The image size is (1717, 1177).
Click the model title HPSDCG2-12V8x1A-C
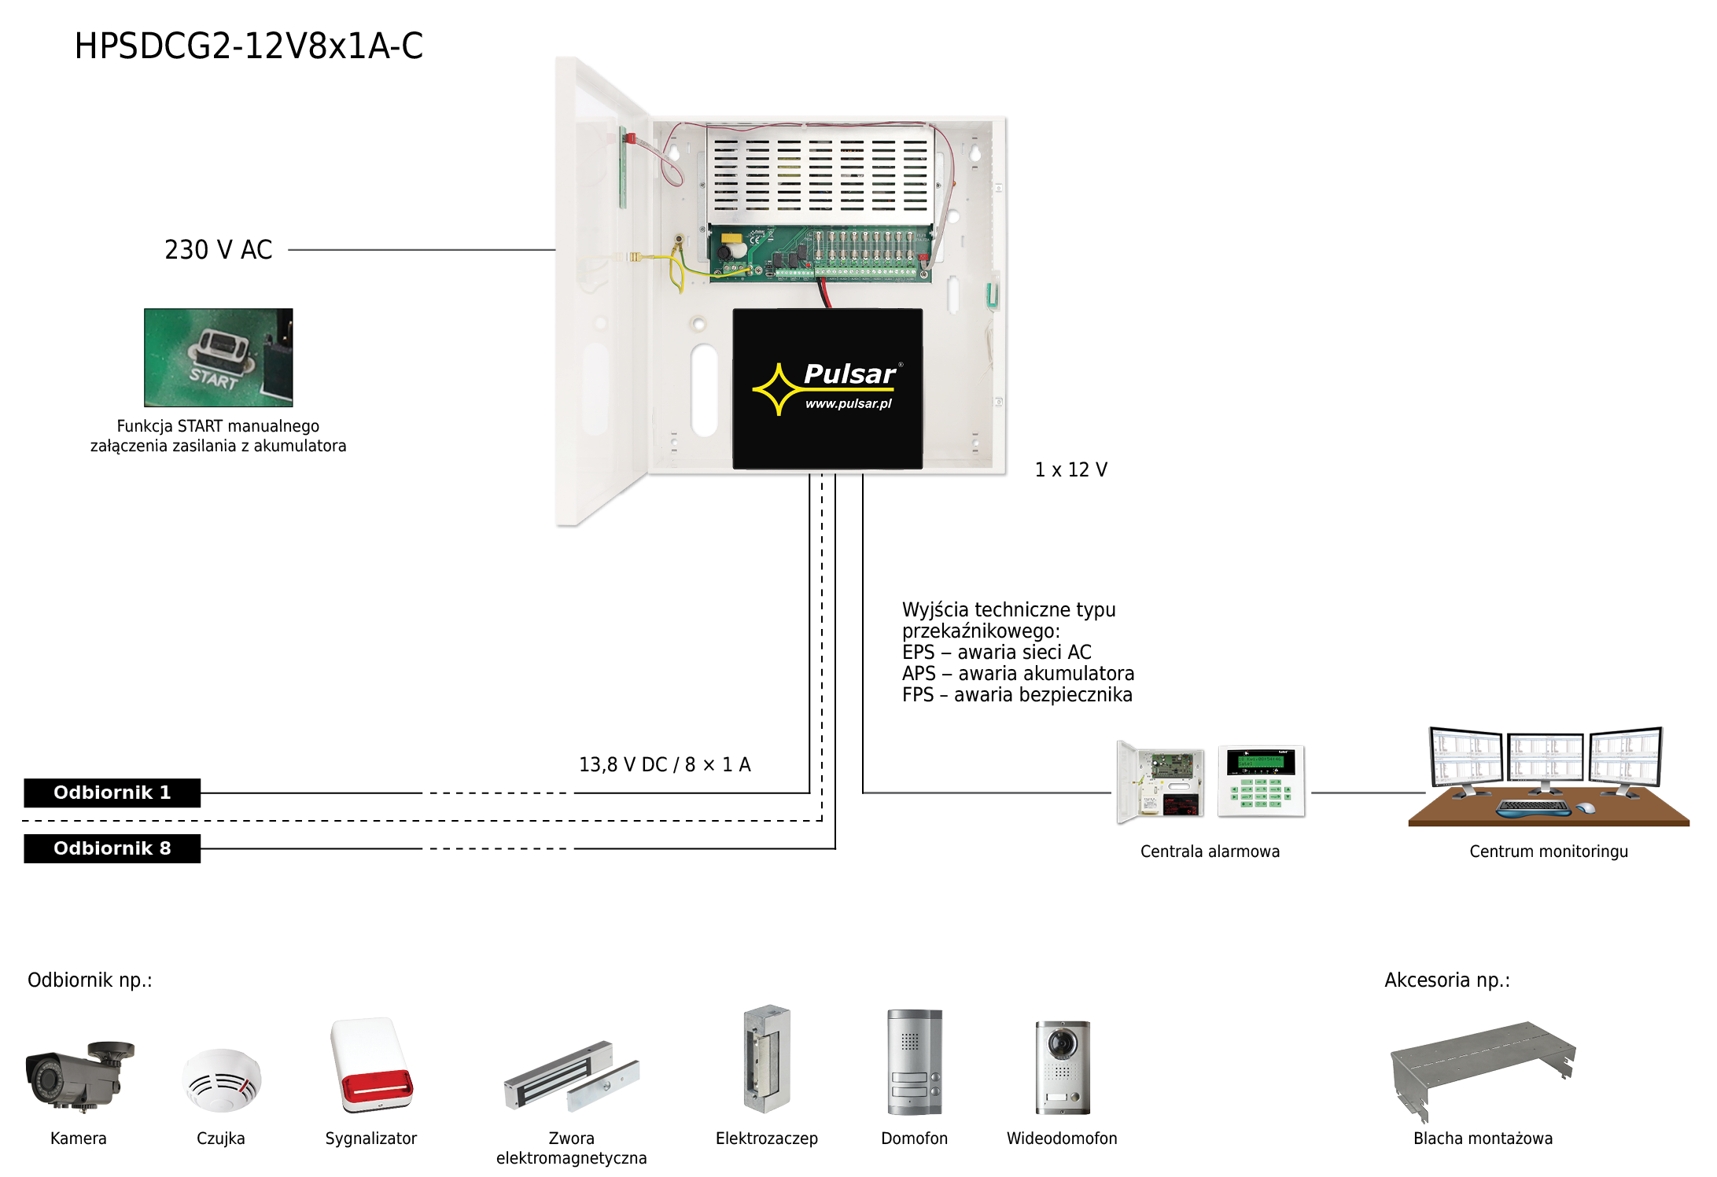249,46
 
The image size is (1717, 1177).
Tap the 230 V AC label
218,249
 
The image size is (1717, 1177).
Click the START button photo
218,357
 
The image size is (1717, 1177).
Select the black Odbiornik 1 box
112,793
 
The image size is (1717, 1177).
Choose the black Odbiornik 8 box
112,848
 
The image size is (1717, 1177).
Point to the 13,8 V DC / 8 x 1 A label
665,764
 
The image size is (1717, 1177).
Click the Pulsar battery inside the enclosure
827,388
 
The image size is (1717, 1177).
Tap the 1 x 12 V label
1070,469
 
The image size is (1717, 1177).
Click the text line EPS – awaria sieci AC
997,652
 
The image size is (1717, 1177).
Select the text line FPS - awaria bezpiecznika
1016,695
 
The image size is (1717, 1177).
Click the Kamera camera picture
79,1075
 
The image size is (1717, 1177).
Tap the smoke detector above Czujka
221,1080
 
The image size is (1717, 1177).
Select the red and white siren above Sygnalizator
371,1064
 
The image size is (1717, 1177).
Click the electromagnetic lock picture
571,1076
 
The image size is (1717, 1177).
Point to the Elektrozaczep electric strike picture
766,1058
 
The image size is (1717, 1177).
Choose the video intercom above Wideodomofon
1062,1066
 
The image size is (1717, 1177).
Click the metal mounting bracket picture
1482,1065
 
